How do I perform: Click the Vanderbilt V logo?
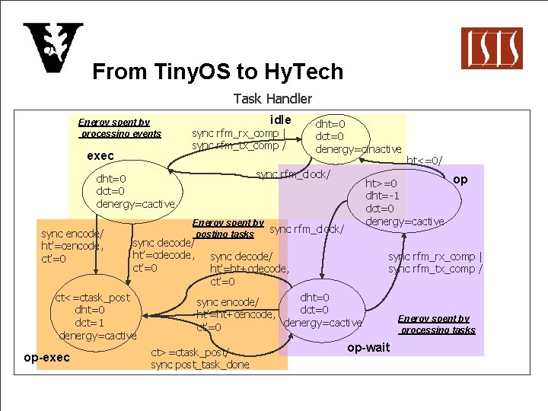(53, 48)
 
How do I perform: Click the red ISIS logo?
(492, 48)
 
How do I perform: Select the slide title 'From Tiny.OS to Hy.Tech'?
(218, 72)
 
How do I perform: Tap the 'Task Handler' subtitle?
(272, 98)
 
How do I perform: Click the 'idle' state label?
(281, 119)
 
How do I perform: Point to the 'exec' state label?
(100, 155)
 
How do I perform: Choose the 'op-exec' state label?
(46, 358)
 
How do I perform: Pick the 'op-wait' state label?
(368, 348)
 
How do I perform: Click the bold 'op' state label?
(460, 180)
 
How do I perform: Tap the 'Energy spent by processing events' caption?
(119, 128)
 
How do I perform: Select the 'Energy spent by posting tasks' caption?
(227, 228)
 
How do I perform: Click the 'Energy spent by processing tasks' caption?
(437, 324)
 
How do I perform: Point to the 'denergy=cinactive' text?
(358, 149)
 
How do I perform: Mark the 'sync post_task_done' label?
(199, 365)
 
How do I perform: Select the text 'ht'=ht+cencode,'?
(235, 314)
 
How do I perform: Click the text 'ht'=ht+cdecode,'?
(250, 269)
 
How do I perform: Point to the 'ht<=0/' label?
(424, 161)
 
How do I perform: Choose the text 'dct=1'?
(90, 323)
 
